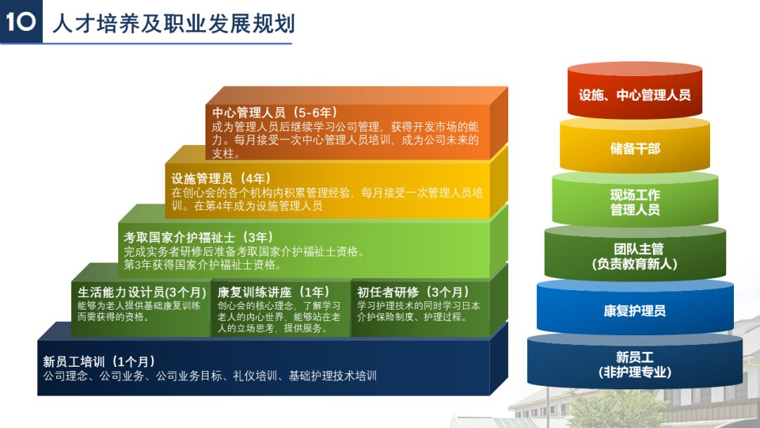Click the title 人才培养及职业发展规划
(x=173, y=23)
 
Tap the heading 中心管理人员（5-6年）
(x=275, y=113)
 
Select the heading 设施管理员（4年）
(x=221, y=178)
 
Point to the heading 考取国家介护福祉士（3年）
(x=198, y=237)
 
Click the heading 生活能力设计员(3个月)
(x=141, y=291)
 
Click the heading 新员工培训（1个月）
(x=99, y=361)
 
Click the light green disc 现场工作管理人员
(x=635, y=202)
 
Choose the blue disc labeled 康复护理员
(x=635, y=310)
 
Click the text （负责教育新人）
(x=635, y=265)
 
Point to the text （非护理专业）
(x=635, y=372)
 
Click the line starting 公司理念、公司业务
(x=210, y=376)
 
